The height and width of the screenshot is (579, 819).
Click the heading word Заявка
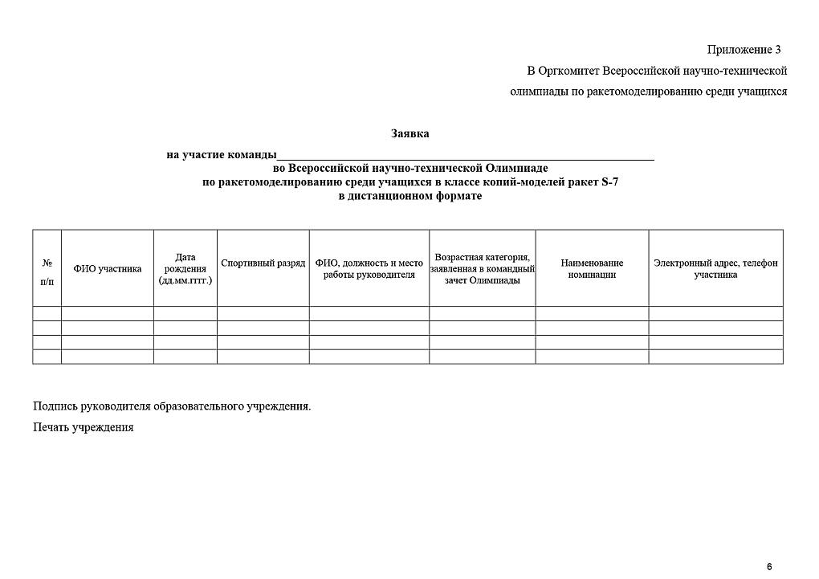409,133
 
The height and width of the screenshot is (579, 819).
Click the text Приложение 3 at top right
744,51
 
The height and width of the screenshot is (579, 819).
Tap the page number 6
769,567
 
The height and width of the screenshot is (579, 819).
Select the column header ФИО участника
108,269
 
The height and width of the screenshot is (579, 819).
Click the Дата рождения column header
185,269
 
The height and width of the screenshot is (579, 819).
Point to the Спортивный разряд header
263,263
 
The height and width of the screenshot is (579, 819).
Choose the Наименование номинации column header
592,269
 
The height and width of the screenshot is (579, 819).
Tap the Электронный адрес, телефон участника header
715,269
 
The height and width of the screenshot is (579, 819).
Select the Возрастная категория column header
482,269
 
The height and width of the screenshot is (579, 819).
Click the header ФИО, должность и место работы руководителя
369,269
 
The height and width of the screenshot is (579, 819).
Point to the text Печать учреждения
84,427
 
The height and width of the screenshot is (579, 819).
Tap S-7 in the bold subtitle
609,182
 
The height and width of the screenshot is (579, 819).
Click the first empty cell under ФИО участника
108,313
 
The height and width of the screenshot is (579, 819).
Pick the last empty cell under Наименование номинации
592,357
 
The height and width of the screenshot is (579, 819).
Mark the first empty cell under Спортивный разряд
263,313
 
